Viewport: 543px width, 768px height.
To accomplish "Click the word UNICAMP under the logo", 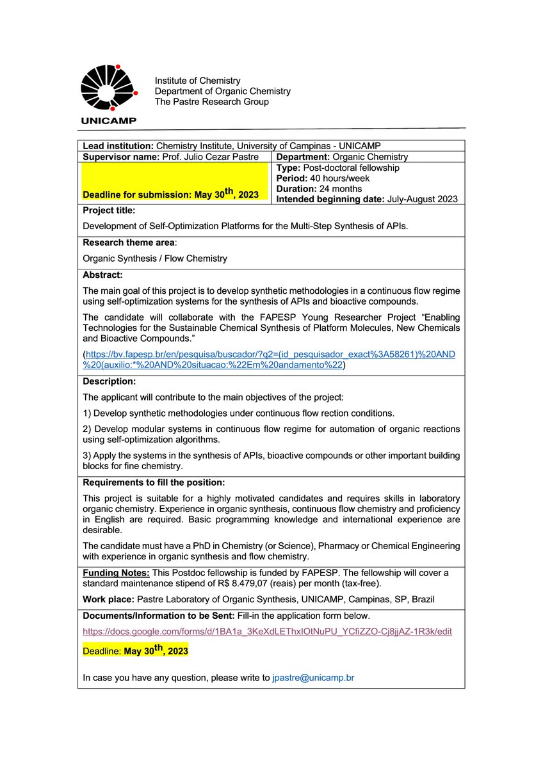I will pyautogui.click(x=109, y=120).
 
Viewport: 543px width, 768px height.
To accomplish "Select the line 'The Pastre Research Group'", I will pyautogui.click(x=211, y=102).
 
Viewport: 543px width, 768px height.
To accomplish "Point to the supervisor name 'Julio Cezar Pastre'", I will pyautogui.click(x=221, y=157).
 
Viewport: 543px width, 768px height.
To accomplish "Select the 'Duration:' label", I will pyautogui.click(x=296, y=189).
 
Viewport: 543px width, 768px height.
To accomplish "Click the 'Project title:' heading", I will pyautogui.click(x=109, y=210).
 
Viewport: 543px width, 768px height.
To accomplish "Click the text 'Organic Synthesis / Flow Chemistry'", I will pyautogui.click(x=155, y=259).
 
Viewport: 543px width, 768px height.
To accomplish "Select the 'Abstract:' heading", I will pyautogui.click(x=102, y=275).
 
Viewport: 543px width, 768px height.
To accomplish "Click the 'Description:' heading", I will pyautogui.click(x=109, y=381).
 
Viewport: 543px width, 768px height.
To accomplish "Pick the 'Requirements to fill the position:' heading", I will pyautogui.click(x=154, y=481).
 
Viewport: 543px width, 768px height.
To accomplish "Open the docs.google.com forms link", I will pyautogui.click(x=268, y=631).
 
